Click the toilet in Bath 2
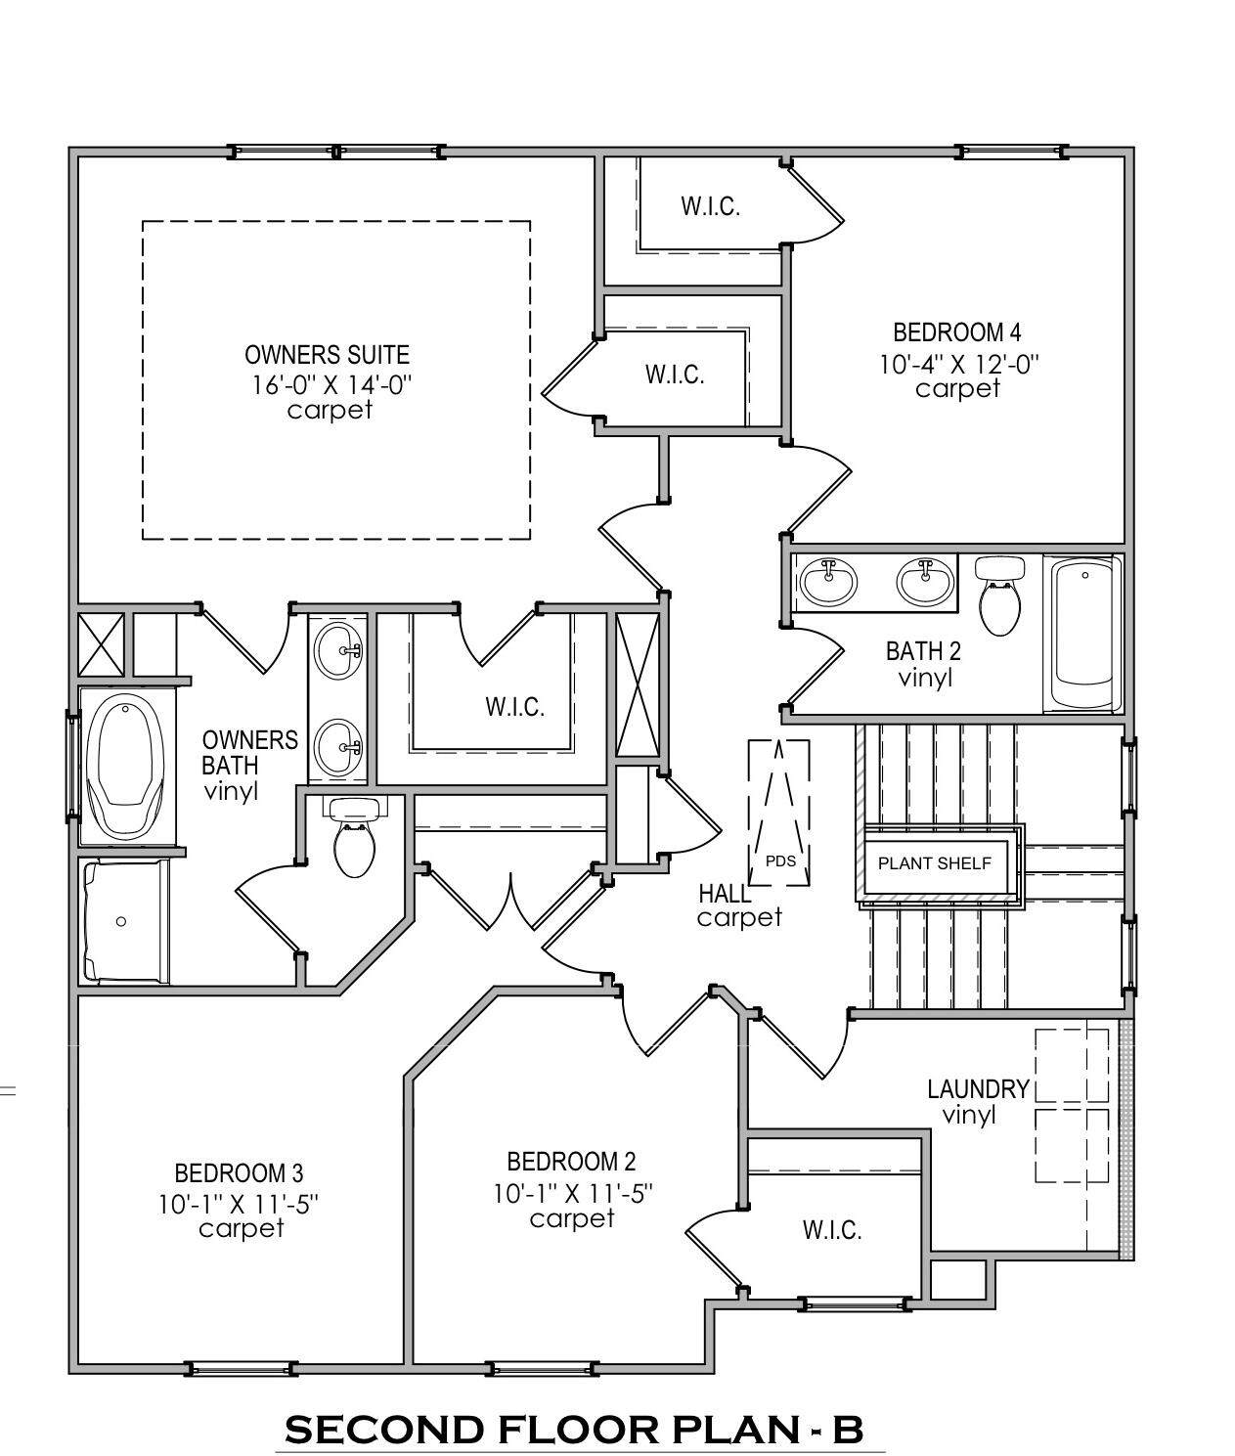pyautogui.click(x=999, y=596)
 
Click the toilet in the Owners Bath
pyautogui.click(x=354, y=838)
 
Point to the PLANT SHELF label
pyautogui.click(x=934, y=862)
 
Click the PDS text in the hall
pyautogui.click(x=780, y=860)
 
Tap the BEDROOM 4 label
pyautogui.click(x=956, y=331)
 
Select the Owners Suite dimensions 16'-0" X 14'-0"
pyautogui.click(x=331, y=385)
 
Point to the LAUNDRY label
pyautogui.click(x=978, y=1089)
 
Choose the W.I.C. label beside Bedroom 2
pyautogui.click(x=832, y=1230)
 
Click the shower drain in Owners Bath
pyautogui.click(x=121, y=921)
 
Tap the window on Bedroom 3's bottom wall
pyautogui.click(x=241, y=1369)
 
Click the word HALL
pyautogui.click(x=725, y=894)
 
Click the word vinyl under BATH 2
pyautogui.click(x=925, y=678)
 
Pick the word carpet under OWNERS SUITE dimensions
pyautogui.click(x=330, y=411)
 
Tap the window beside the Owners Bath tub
pyautogui.click(x=72, y=766)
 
